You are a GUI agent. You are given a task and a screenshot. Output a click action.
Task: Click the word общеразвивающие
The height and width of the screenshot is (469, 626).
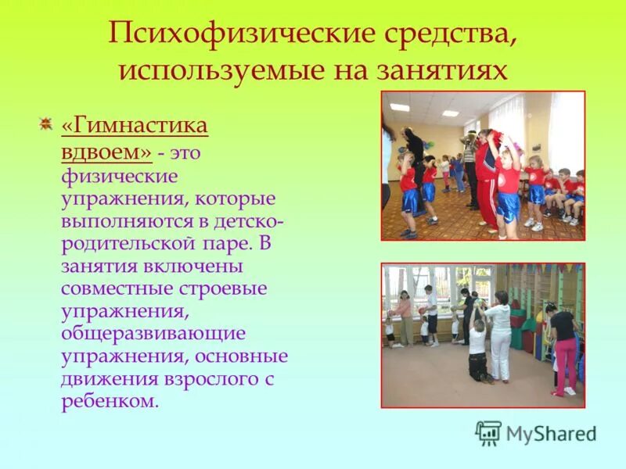(x=153, y=334)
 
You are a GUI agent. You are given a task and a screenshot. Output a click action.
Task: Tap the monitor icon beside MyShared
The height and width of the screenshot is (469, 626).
(x=488, y=433)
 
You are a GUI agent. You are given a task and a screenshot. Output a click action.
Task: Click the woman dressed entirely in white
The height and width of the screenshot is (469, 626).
(x=498, y=336)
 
